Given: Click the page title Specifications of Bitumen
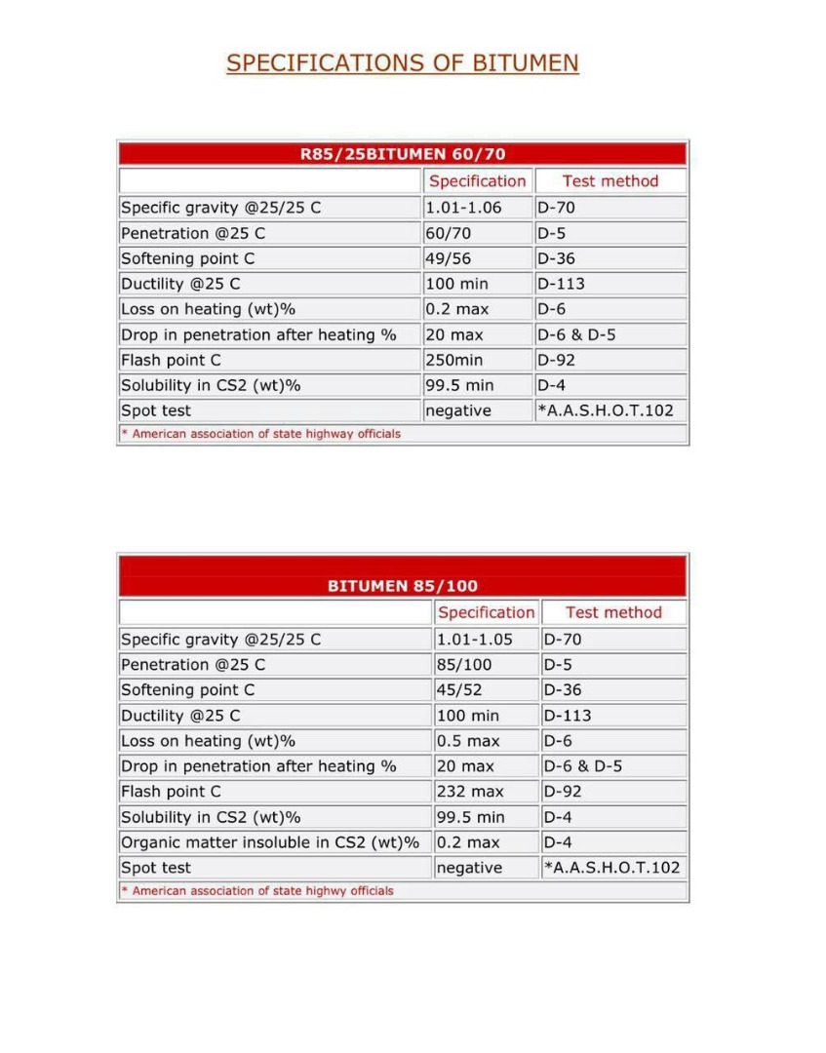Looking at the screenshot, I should [402, 63].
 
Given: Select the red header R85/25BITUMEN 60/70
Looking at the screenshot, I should [402, 154].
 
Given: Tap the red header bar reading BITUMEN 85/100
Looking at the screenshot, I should [402, 586].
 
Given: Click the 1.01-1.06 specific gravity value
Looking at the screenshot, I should [463, 208].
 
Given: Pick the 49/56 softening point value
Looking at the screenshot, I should [450, 258].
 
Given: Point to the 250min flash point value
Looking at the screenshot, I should [454, 360].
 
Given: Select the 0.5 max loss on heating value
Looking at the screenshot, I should [468, 740].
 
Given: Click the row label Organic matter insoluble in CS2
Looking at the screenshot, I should [270, 841].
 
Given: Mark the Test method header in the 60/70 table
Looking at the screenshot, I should [610, 180].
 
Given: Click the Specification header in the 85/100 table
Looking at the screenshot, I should [486, 612].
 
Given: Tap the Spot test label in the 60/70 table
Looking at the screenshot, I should [156, 410].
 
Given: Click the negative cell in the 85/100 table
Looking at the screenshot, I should [469, 867].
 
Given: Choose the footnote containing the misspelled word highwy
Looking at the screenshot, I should [258, 890].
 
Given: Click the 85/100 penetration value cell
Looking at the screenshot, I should [464, 664].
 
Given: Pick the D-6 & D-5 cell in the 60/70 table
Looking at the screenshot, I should [576, 334].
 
